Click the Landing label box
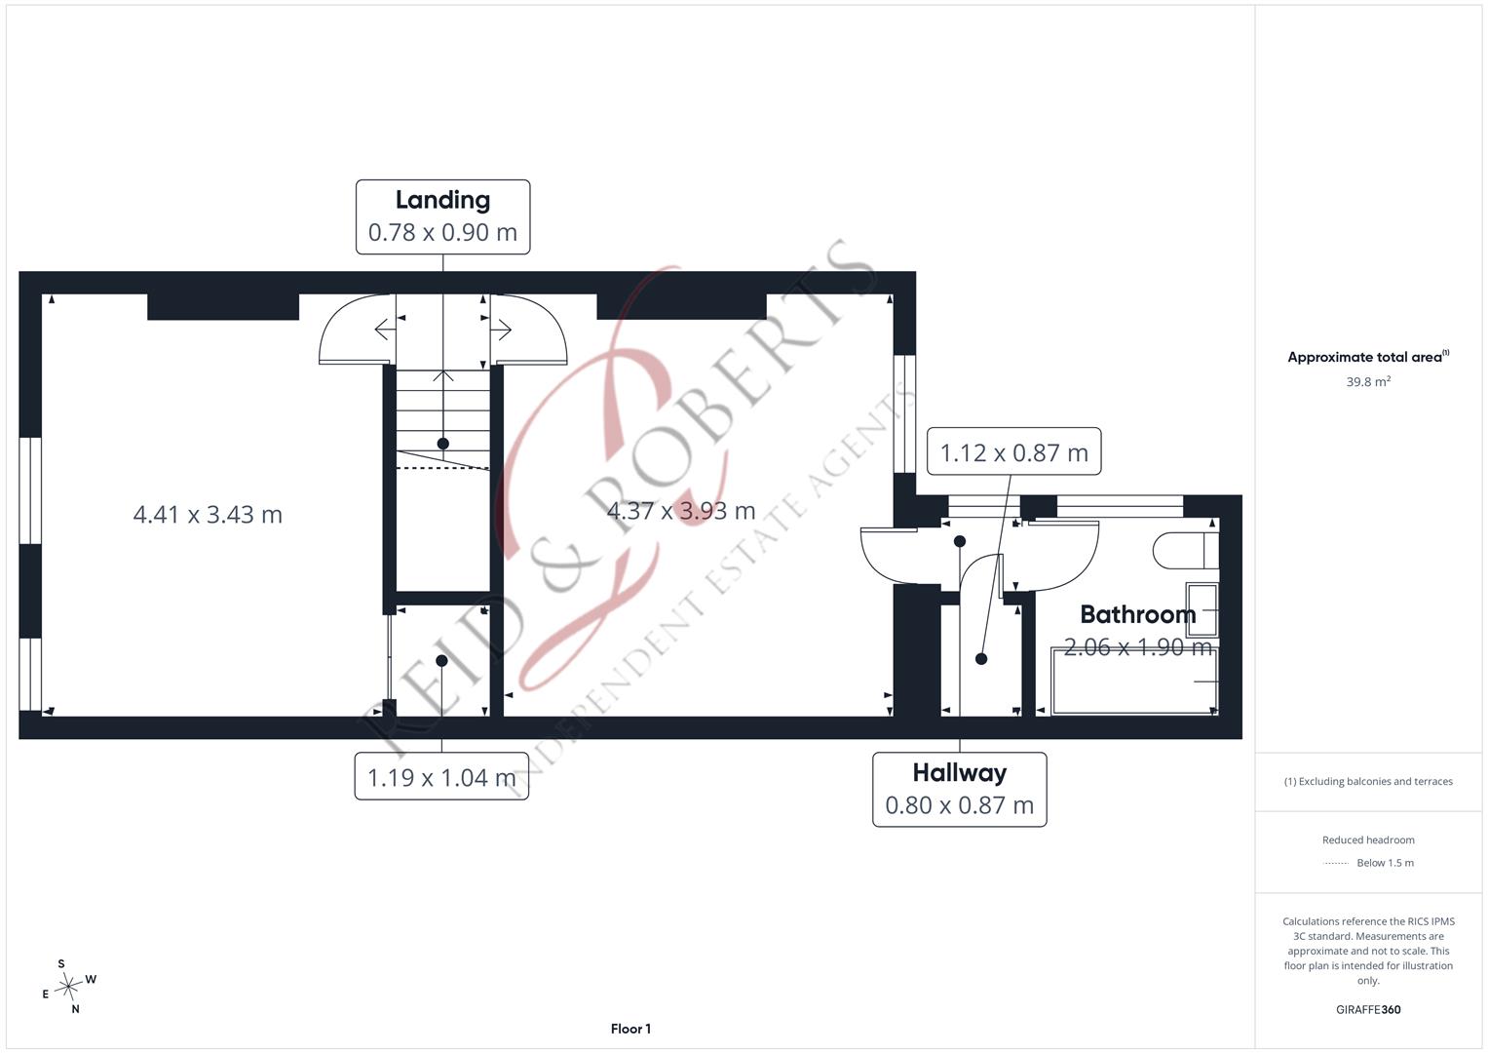tap(443, 216)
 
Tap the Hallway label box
tap(959, 789)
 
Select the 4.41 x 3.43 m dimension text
tap(208, 514)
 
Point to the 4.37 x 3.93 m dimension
tap(681, 511)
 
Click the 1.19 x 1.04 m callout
tap(441, 776)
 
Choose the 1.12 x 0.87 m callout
tap(1013, 451)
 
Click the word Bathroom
tap(1138, 614)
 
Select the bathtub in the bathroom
tap(1134, 682)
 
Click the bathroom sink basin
tap(1202, 609)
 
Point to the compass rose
tap(68, 987)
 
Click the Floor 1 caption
tap(630, 1029)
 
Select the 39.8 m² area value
tap(1368, 381)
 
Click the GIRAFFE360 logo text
tap(1368, 1009)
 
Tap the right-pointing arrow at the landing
tap(502, 330)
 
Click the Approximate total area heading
tap(1368, 356)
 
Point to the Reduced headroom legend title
tap(1368, 839)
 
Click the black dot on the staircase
tap(443, 444)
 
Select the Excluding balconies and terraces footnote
tap(1368, 781)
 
